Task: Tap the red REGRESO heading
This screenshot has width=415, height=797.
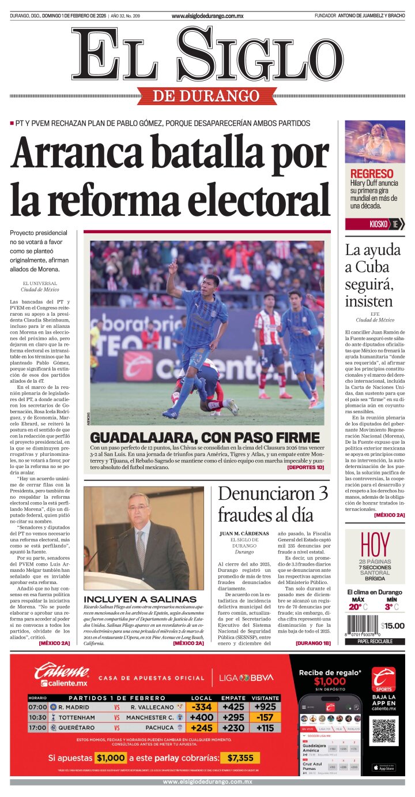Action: click(372, 174)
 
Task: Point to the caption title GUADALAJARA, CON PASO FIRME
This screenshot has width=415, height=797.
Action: click(205, 437)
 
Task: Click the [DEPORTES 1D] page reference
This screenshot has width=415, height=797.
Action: click(305, 467)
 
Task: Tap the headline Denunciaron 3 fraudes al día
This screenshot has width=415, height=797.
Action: click(273, 503)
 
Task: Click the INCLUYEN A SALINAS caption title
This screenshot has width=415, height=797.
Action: click(140, 599)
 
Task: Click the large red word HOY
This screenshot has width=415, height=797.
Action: click(375, 544)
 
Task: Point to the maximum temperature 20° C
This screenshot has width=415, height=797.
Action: click(358, 607)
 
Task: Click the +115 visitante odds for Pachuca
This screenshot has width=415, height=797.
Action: click(265, 728)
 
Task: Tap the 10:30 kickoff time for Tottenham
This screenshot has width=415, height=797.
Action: click(37, 717)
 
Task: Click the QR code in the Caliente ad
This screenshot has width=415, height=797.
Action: click(383, 731)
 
